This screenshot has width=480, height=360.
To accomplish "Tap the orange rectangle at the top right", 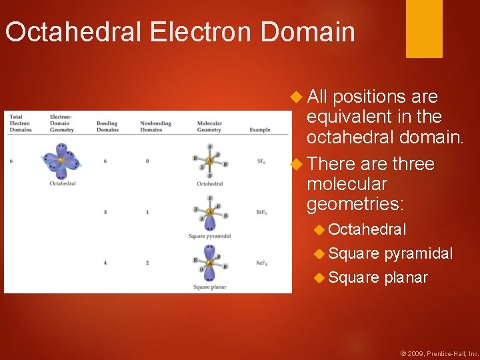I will coord(424,28).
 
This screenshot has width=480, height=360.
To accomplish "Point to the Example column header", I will coord(260,130).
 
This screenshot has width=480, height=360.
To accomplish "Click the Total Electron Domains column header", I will coord(20,123).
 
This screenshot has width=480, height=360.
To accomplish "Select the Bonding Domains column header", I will coord(107,127).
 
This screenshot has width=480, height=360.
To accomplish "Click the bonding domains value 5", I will coord(105,212).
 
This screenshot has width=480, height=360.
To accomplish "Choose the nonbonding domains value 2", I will coord(147,263).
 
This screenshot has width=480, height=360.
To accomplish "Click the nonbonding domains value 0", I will coord(147,161).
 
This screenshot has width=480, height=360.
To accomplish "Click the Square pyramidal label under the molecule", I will coord(210,237).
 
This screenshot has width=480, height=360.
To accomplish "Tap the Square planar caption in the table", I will coord(210,287).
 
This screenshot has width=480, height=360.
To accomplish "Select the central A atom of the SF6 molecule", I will coord(210,161).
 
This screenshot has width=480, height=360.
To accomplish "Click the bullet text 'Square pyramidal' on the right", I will coord(390,253).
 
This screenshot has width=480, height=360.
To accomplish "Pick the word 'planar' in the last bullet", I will coord(406,277).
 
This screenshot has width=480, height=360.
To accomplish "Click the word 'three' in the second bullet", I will coord(413,164).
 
